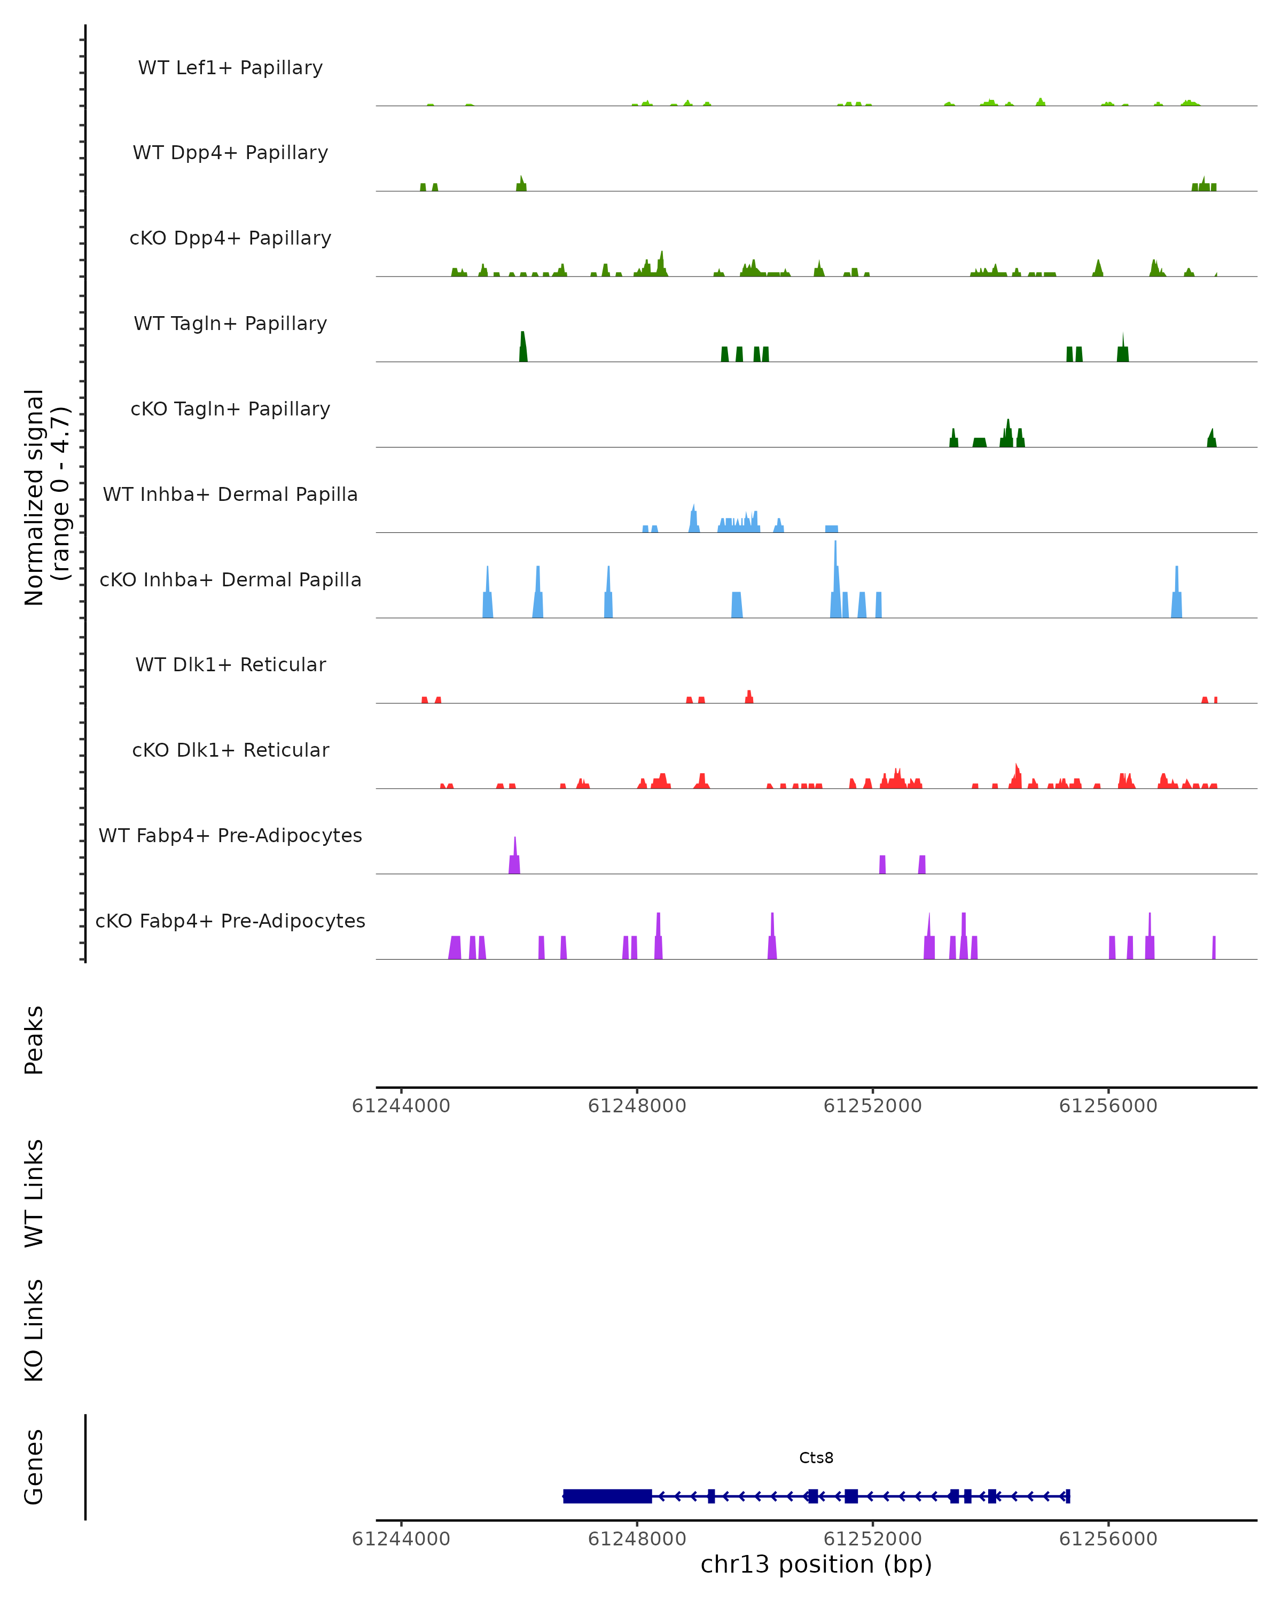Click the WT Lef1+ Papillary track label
pos(230,68)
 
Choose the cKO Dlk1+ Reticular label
pos(230,750)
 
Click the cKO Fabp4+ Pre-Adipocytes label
pos(230,921)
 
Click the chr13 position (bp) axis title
pos(816,1564)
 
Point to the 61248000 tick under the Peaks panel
pos(637,1106)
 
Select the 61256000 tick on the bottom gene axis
pos(1108,1539)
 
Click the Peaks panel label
pos(34,1040)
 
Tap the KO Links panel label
pos(34,1330)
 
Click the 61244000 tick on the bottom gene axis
pos(401,1539)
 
